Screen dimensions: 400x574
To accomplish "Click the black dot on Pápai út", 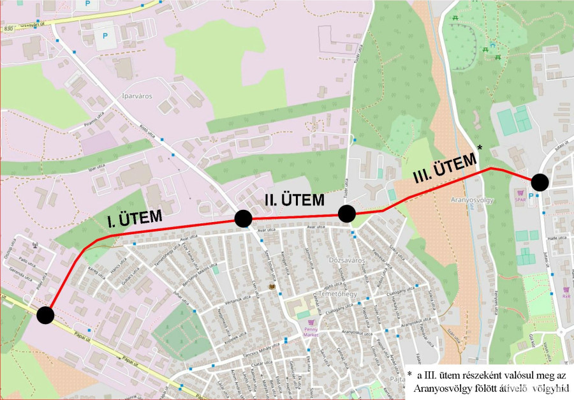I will (45, 315).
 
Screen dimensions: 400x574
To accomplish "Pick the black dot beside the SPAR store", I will (540, 182).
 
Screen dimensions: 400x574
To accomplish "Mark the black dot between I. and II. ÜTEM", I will (243, 219).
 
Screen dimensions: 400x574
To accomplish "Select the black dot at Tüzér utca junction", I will (346, 213).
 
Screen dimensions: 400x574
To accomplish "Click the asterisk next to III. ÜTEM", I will (480, 147).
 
